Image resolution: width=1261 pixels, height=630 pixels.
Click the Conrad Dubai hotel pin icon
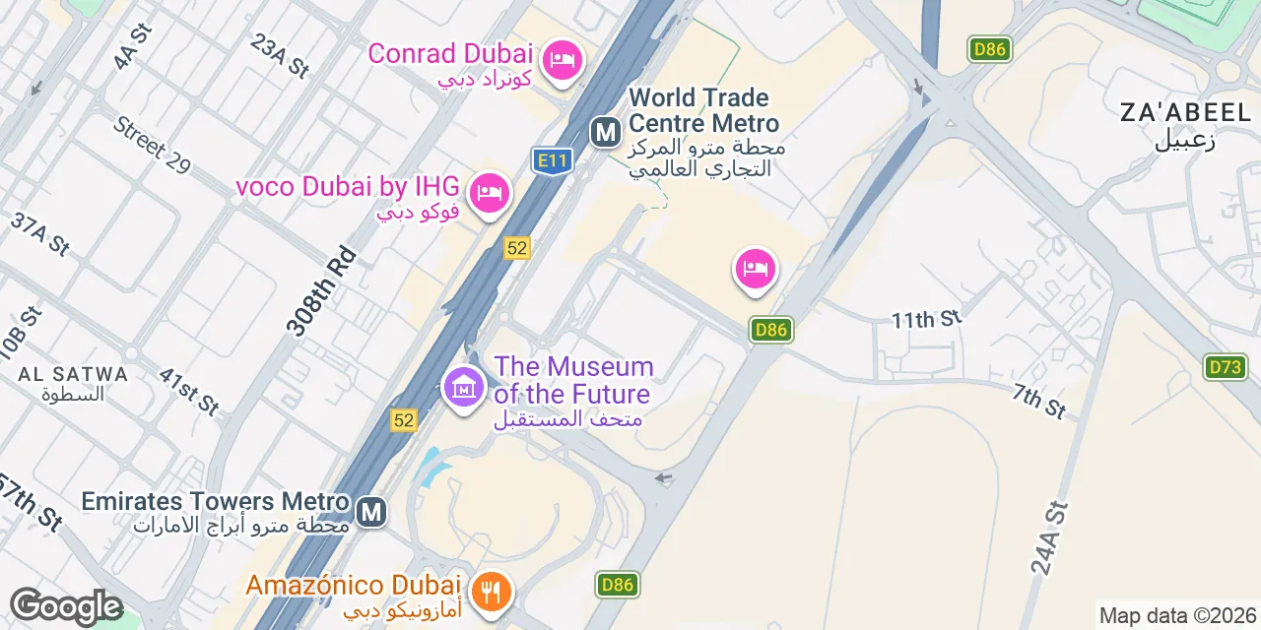[563, 61]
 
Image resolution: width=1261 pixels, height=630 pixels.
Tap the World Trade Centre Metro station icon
[605, 131]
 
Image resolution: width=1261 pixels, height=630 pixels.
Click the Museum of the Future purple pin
[464, 387]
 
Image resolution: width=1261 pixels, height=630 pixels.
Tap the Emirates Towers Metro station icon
[371, 512]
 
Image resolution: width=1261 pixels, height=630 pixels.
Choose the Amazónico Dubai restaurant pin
[490, 592]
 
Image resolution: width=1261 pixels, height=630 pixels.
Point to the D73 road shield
[1225, 367]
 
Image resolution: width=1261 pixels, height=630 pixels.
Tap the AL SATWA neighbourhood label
[73, 374]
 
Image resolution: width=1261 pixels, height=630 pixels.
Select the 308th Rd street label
[320, 292]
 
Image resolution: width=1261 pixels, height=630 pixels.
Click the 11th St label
[925, 319]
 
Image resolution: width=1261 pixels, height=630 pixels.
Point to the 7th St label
[1038, 402]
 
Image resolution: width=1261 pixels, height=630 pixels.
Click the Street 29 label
[151, 145]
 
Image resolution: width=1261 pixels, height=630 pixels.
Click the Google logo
[65, 606]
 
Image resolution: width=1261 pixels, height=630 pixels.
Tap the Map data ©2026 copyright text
[1177, 616]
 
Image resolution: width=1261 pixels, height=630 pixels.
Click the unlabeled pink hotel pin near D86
[756, 269]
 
